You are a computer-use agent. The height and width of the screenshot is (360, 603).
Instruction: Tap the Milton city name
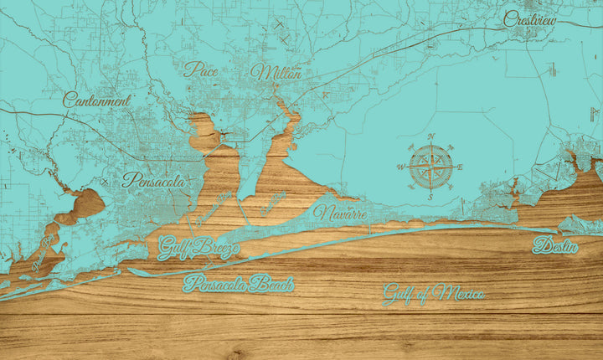276,74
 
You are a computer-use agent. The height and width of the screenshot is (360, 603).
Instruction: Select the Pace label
201,69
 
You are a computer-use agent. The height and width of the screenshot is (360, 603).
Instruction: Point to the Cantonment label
97,100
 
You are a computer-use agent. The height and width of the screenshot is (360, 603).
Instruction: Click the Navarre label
340,213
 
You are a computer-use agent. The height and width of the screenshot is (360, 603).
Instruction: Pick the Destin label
555,246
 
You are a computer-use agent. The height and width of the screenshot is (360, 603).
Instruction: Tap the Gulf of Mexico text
433,294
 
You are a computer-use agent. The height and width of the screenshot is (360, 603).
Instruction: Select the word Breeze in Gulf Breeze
214,248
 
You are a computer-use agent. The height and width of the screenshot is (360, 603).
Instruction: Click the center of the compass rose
430,167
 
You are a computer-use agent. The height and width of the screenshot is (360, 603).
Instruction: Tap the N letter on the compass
430,136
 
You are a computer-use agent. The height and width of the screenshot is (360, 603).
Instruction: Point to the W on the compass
399,167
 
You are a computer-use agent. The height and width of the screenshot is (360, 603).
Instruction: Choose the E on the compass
460,167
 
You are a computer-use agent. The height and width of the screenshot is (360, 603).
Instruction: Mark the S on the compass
430,197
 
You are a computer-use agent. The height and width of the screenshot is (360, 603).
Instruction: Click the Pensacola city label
153,179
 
